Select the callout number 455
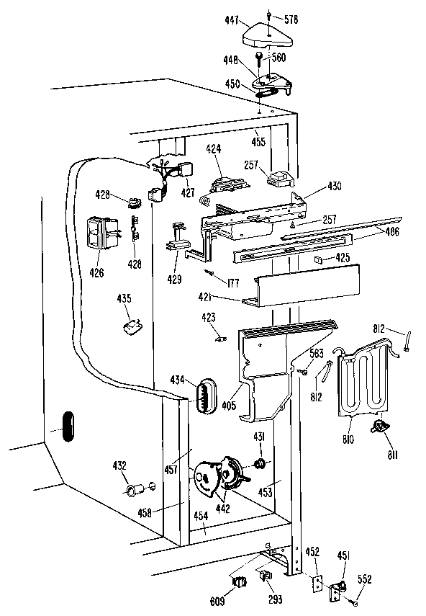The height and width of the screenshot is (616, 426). click(x=259, y=141)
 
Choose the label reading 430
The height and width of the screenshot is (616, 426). click(x=334, y=186)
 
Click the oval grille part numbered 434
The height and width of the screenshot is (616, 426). click(x=206, y=396)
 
